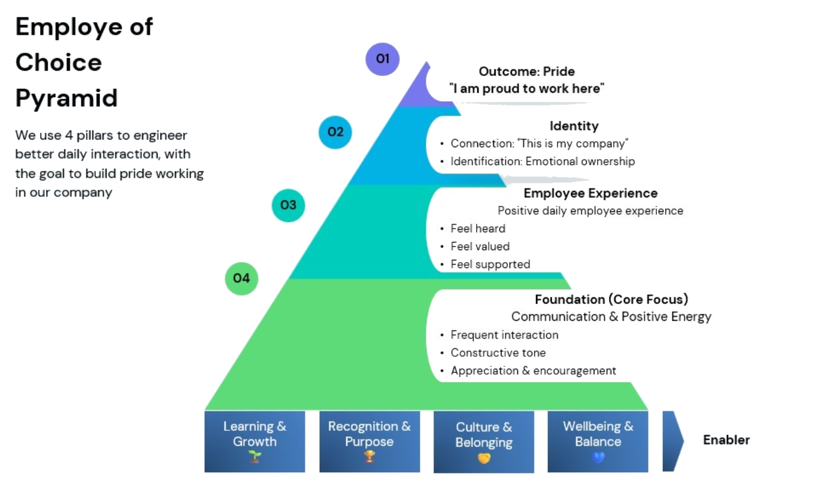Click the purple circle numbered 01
click(x=383, y=59)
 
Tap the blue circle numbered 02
click(x=335, y=132)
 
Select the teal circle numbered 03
click(x=288, y=205)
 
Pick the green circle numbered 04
click(x=241, y=278)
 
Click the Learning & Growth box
click(x=255, y=441)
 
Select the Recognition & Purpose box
click(x=369, y=441)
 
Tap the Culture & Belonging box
click(x=484, y=442)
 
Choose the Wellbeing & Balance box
click(x=598, y=441)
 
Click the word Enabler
click(x=726, y=440)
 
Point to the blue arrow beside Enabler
click(x=672, y=441)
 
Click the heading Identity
click(x=574, y=126)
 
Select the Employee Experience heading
click(x=590, y=193)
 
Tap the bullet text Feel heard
click(x=478, y=228)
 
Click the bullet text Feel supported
click(x=490, y=265)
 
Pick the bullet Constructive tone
click(x=498, y=353)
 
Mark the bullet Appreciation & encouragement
click(x=534, y=371)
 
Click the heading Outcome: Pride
click(x=527, y=72)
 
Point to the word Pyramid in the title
click(x=66, y=98)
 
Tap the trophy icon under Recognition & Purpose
click(x=369, y=457)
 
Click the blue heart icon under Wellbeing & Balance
click(x=598, y=457)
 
